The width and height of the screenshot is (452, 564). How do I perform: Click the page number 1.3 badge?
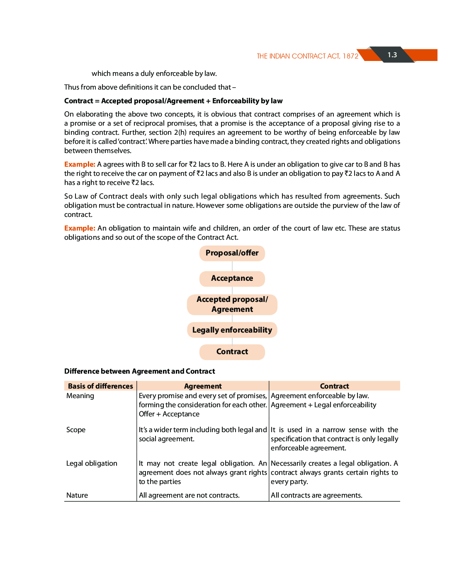point(392,55)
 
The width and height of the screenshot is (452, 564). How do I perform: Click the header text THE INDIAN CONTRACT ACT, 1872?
point(307,56)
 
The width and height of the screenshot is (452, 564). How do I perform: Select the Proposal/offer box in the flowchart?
point(232,253)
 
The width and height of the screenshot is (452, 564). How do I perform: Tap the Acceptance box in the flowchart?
point(232,278)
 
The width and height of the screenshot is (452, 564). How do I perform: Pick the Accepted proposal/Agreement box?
point(232,304)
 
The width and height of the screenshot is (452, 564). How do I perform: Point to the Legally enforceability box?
point(232,330)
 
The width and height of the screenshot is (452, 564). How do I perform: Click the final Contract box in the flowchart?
point(232,352)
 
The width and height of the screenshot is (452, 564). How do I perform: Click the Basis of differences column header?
point(100,386)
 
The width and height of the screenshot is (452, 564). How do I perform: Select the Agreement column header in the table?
point(203,386)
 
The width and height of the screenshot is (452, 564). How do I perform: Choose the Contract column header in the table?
point(334,386)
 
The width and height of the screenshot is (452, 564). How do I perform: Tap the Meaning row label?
point(80,396)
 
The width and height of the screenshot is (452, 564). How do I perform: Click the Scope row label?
point(76,430)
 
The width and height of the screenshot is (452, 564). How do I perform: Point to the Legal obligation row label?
point(92,463)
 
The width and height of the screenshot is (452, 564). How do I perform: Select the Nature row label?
point(77,495)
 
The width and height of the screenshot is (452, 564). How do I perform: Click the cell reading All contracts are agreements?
point(316,495)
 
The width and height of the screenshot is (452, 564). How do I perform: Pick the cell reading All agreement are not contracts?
point(189,495)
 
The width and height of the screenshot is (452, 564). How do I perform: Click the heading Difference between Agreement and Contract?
point(140,371)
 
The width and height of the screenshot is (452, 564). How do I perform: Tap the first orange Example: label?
point(80,164)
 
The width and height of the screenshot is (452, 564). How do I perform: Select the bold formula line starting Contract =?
point(173,101)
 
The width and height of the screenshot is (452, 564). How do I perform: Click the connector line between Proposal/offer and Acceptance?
point(232,266)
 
